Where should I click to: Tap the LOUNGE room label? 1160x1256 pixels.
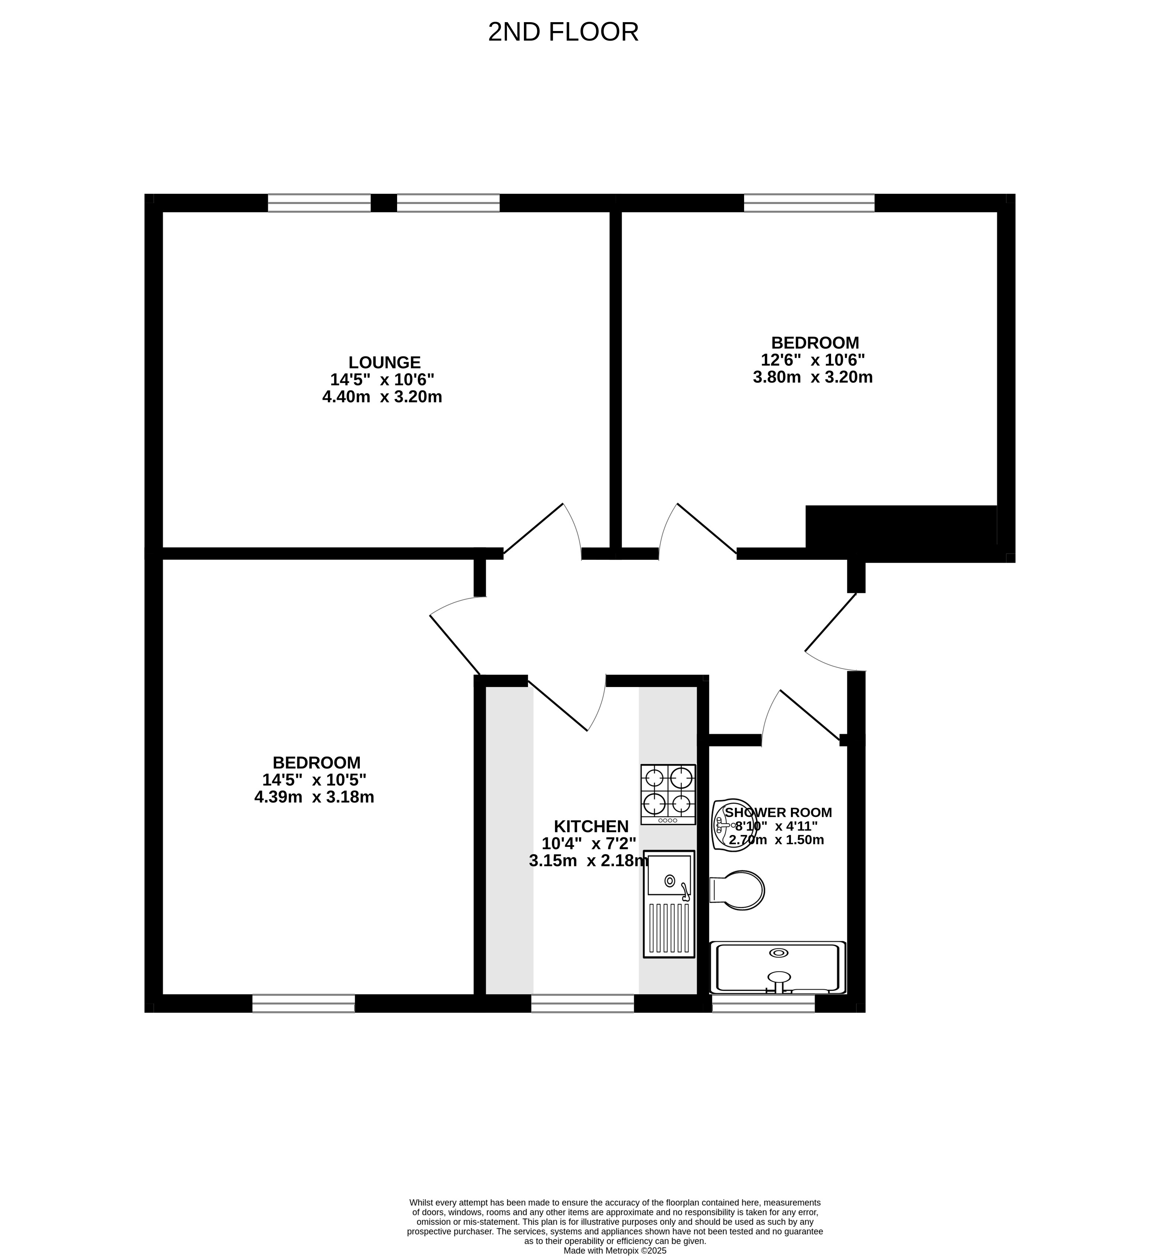pyautogui.click(x=384, y=362)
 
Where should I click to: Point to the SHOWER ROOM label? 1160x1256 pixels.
pyautogui.click(x=778, y=812)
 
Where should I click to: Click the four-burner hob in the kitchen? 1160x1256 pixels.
pyautogui.click(x=668, y=794)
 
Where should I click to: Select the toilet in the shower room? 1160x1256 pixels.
pyautogui.click(x=737, y=890)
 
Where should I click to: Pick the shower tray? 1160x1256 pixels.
pyautogui.click(x=778, y=968)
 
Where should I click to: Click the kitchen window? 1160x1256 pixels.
pyautogui.click(x=583, y=1003)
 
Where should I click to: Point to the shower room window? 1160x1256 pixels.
pyautogui.click(x=763, y=1003)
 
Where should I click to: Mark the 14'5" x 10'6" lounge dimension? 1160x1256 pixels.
pyautogui.click(x=382, y=379)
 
